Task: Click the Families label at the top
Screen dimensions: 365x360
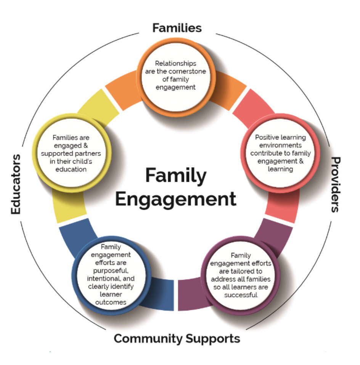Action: tap(177, 28)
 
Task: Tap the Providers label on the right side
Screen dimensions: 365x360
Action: tap(335, 184)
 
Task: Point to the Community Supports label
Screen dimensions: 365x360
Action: tap(177, 338)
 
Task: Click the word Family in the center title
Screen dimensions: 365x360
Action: tap(176, 176)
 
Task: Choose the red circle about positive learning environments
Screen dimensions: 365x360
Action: tap(280, 153)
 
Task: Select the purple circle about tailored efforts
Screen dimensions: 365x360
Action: tap(241, 274)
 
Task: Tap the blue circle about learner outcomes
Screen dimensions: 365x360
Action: tap(111, 274)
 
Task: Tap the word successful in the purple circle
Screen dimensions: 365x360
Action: tap(241, 295)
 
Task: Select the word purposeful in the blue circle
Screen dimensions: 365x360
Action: tap(111, 270)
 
